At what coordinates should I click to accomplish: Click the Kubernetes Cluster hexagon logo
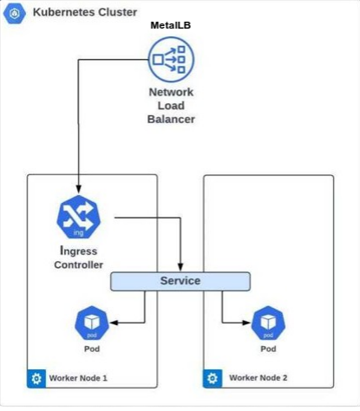click(15, 13)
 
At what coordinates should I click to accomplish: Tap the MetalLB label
click(171, 25)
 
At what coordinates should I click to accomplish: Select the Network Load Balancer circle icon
click(171, 60)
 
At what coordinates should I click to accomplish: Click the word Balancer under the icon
click(171, 119)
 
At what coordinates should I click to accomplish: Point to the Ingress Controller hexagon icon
click(78, 217)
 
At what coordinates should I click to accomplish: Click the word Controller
click(78, 264)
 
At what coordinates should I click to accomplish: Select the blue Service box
click(180, 281)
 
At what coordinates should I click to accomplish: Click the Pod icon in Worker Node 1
click(92, 323)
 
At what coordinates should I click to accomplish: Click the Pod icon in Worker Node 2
click(268, 323)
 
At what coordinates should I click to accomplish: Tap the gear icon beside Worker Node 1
click(36, 378)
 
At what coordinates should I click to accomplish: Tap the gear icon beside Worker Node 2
click(213, 378)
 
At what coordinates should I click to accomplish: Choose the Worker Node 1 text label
click(78, 378)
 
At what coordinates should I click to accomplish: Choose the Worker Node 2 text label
click(259, 378)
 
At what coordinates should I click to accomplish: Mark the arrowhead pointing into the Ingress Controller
click(78, 189)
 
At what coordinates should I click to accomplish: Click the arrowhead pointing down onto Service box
click(180, 267)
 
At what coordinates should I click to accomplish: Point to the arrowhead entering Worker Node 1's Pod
click(114, 323)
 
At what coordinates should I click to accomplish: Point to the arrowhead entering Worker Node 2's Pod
click(246, 323)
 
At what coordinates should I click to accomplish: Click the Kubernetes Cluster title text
click(85, 12)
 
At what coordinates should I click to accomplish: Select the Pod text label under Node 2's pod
click(268, 349)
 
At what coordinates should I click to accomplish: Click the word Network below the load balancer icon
click(171, 92)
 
